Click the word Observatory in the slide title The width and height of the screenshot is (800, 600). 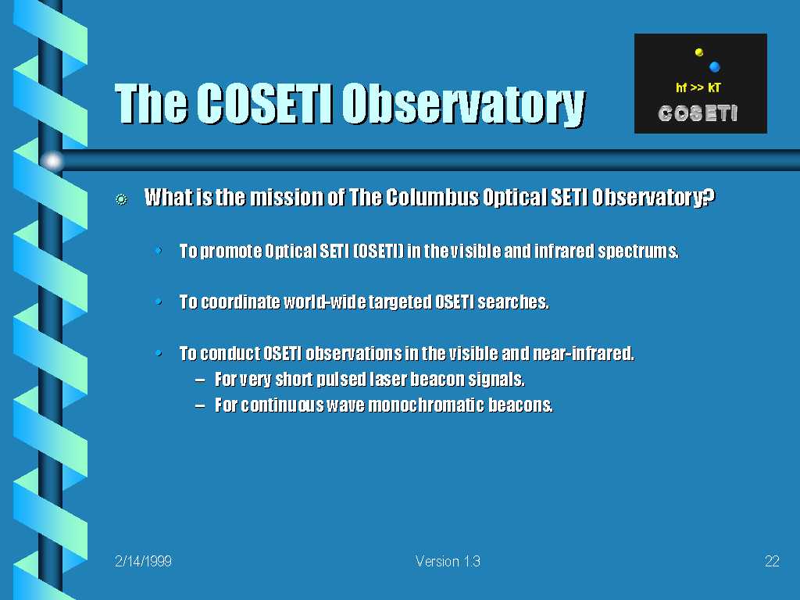463,105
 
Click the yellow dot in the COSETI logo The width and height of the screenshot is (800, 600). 699,52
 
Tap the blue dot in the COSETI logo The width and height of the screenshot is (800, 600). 714,67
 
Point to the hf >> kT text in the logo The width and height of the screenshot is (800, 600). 698,87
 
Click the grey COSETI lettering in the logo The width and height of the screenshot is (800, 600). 698,113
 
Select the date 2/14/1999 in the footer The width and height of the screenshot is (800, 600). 144,561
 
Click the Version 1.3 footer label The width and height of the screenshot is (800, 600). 448,561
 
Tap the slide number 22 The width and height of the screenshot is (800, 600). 772,561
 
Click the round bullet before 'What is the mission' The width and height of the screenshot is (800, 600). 121,199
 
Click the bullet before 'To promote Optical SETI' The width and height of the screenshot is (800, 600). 159,251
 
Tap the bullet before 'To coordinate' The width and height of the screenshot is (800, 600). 159,302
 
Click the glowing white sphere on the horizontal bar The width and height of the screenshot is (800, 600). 52,161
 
